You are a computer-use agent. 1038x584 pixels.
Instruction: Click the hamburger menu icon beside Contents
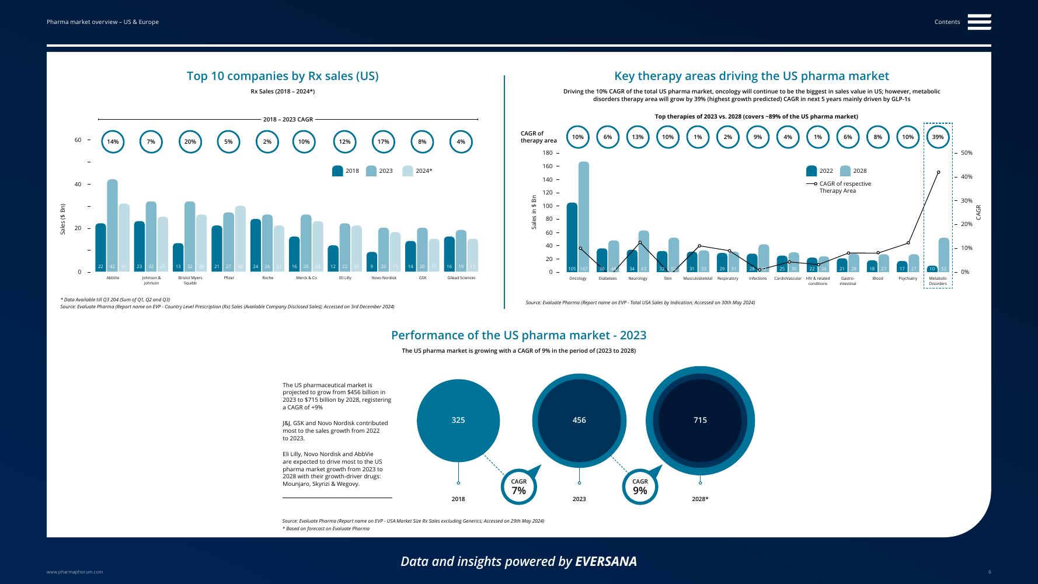click(979, 22)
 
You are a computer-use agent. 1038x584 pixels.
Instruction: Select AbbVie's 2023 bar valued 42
click(112, 225)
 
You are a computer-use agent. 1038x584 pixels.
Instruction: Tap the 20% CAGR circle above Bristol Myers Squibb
click(190, 142)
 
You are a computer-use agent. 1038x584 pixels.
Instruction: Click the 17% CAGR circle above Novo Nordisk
click(383, 142)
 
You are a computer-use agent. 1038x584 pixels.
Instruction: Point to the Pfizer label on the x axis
click(229, 278)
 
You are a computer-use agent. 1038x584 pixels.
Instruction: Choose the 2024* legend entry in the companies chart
click(418, 171)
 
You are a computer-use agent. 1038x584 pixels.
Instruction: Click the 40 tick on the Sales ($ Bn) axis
click(78, 185)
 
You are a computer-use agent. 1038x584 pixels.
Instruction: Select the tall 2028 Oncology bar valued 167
click(583, 216)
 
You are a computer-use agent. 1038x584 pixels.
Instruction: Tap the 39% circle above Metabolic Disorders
click(938, 137)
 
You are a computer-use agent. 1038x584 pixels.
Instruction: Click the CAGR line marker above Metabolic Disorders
click(938, 172)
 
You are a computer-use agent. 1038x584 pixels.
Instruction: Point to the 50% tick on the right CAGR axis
click(966, 153)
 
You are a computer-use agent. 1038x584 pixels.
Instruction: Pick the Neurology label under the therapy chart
click(638, 279)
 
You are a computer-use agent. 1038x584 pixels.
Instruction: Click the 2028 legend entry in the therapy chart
click(854, 171)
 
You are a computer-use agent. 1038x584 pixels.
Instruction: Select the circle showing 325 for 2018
click(458, 420)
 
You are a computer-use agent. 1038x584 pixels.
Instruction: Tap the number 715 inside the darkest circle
click(700, 420)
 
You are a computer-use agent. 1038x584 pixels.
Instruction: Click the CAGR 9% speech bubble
click(640, 486)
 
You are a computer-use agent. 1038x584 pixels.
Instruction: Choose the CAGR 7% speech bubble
click(519, 486)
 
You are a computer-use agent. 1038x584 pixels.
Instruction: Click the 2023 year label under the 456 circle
click(579, 499)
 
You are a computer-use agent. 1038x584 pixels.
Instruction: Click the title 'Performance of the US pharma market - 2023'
click(518, 335)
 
